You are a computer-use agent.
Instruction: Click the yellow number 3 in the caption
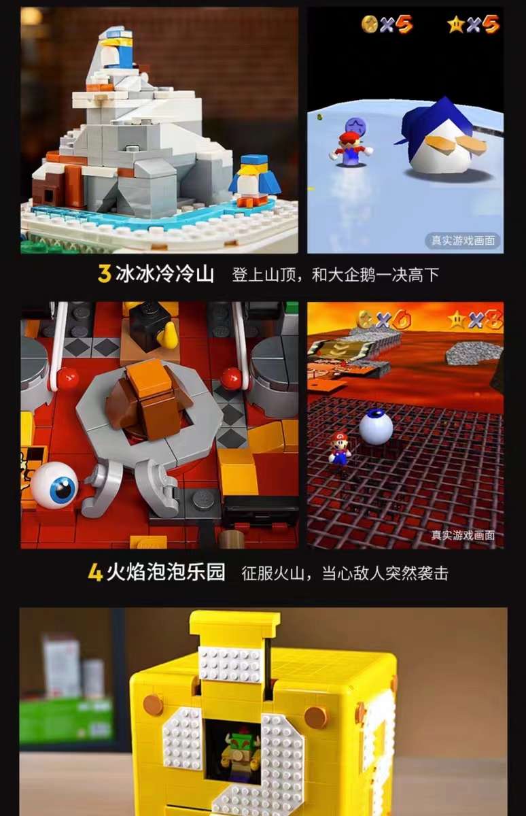tap(104, 274)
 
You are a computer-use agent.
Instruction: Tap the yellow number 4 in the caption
tap(95, 572)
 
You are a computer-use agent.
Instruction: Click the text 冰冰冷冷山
tap(165, 274)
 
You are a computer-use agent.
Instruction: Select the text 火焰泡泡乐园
tap(166, 572)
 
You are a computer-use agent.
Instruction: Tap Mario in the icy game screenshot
tap(351, 148)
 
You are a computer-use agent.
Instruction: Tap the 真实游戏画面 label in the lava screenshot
tap(466, 534)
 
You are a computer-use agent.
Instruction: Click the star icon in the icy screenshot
tap(455, 24)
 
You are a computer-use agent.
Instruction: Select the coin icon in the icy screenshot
tap(370, 24)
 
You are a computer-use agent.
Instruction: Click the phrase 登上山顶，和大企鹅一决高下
tap(335, 275)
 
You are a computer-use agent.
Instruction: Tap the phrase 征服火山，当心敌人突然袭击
tap(345, 573)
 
